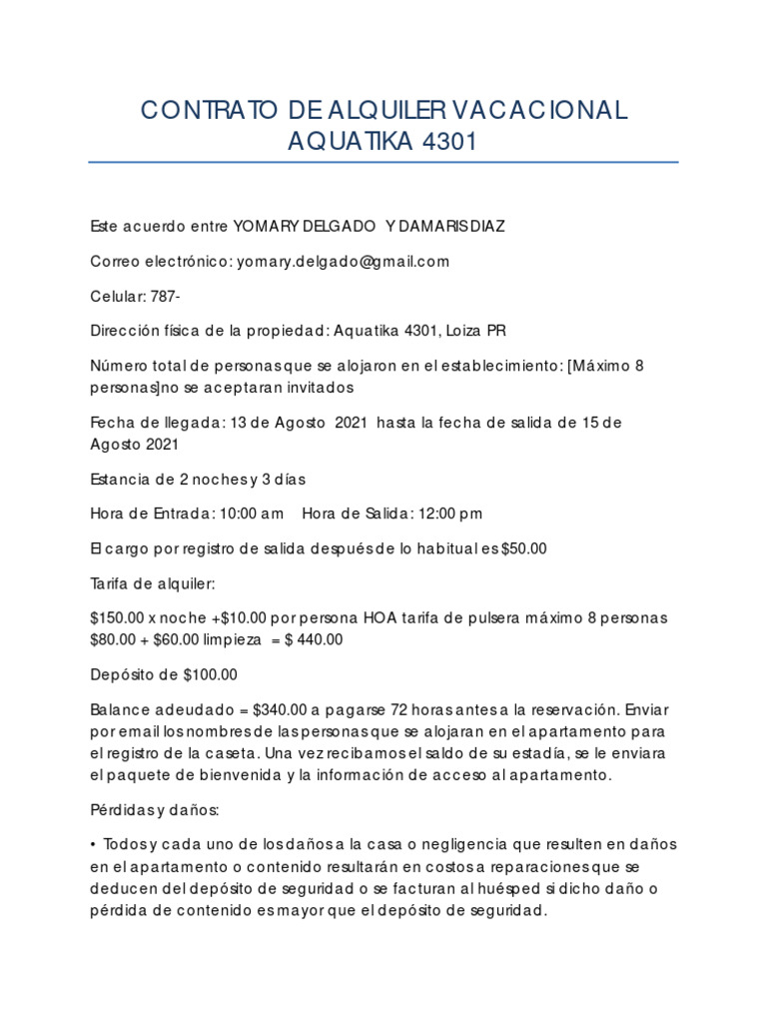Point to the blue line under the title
[383, 162]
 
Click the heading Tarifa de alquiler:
[152, 582]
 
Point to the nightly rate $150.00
[118, 617]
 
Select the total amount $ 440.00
[314, 639]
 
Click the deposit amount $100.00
[211, 674]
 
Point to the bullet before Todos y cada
[93, 844]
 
